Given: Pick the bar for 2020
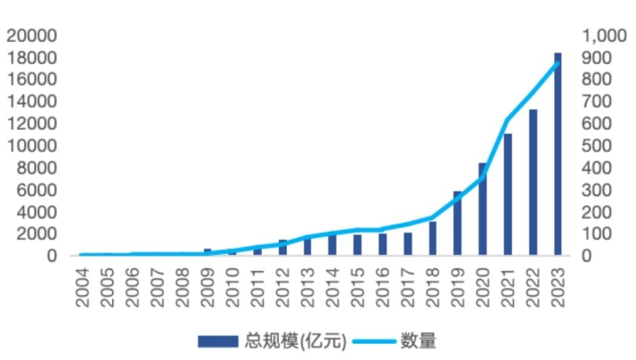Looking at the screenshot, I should pyautogui.click(x=483, y=209).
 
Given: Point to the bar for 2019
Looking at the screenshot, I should pyautogui.click(x=458, y=224).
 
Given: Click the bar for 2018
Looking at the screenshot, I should pyautogui.click(x=433, y=238).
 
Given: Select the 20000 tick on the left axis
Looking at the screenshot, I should pyautogui.click(x=31, y=36).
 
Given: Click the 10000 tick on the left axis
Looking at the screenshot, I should pyautogui.click(x=31, y=145).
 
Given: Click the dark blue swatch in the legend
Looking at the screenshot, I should pyautogui.click(x=217, y=341).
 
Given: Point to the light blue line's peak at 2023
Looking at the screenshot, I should pyautogui.click(x=558, y=62).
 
